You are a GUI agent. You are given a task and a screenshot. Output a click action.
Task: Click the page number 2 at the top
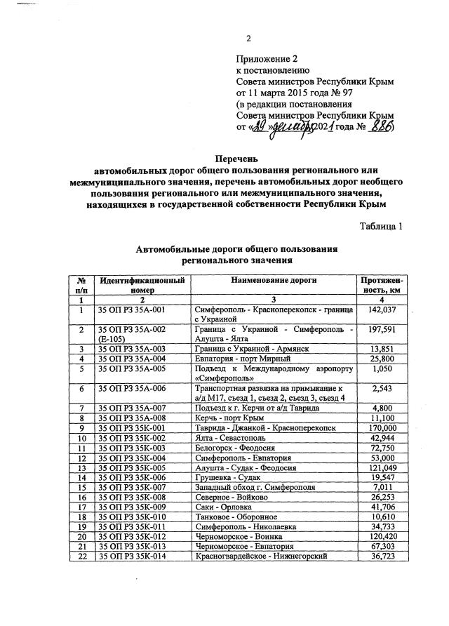[x=248, y=38]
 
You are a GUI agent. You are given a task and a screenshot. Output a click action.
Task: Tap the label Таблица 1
[x=381, y=226]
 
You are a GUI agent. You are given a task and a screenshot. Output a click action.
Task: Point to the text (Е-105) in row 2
[x=112, y=338]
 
